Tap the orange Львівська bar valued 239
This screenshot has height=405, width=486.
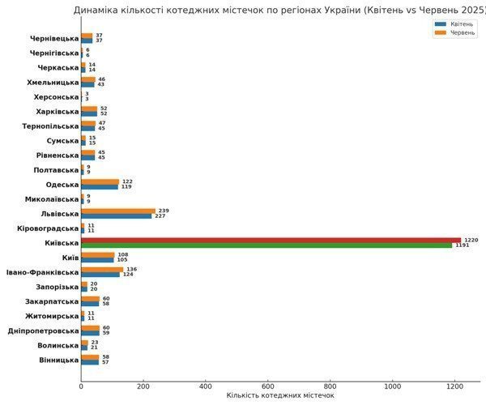(x=118, y=211)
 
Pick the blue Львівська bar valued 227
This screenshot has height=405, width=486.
(x=117, y=215)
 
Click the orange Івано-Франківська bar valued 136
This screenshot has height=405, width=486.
(x=102, y=269)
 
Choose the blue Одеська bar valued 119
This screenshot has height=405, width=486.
(x=100, y=186)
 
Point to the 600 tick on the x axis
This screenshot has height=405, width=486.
(x=268, y=386)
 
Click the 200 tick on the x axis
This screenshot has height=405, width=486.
(x=143, y=386)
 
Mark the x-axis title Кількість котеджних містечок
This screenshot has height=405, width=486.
(x=279, y=396)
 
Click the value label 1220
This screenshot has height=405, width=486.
(x=471, y=240)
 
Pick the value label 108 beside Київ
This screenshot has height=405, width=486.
(x=123, y=254)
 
